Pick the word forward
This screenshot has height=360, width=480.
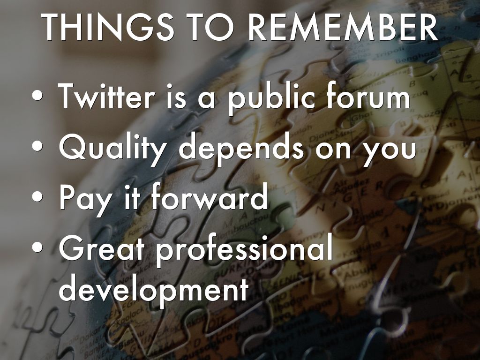pos(210,195)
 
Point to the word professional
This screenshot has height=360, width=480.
pos(244,250)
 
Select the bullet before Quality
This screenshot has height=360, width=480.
pos(37,146)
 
